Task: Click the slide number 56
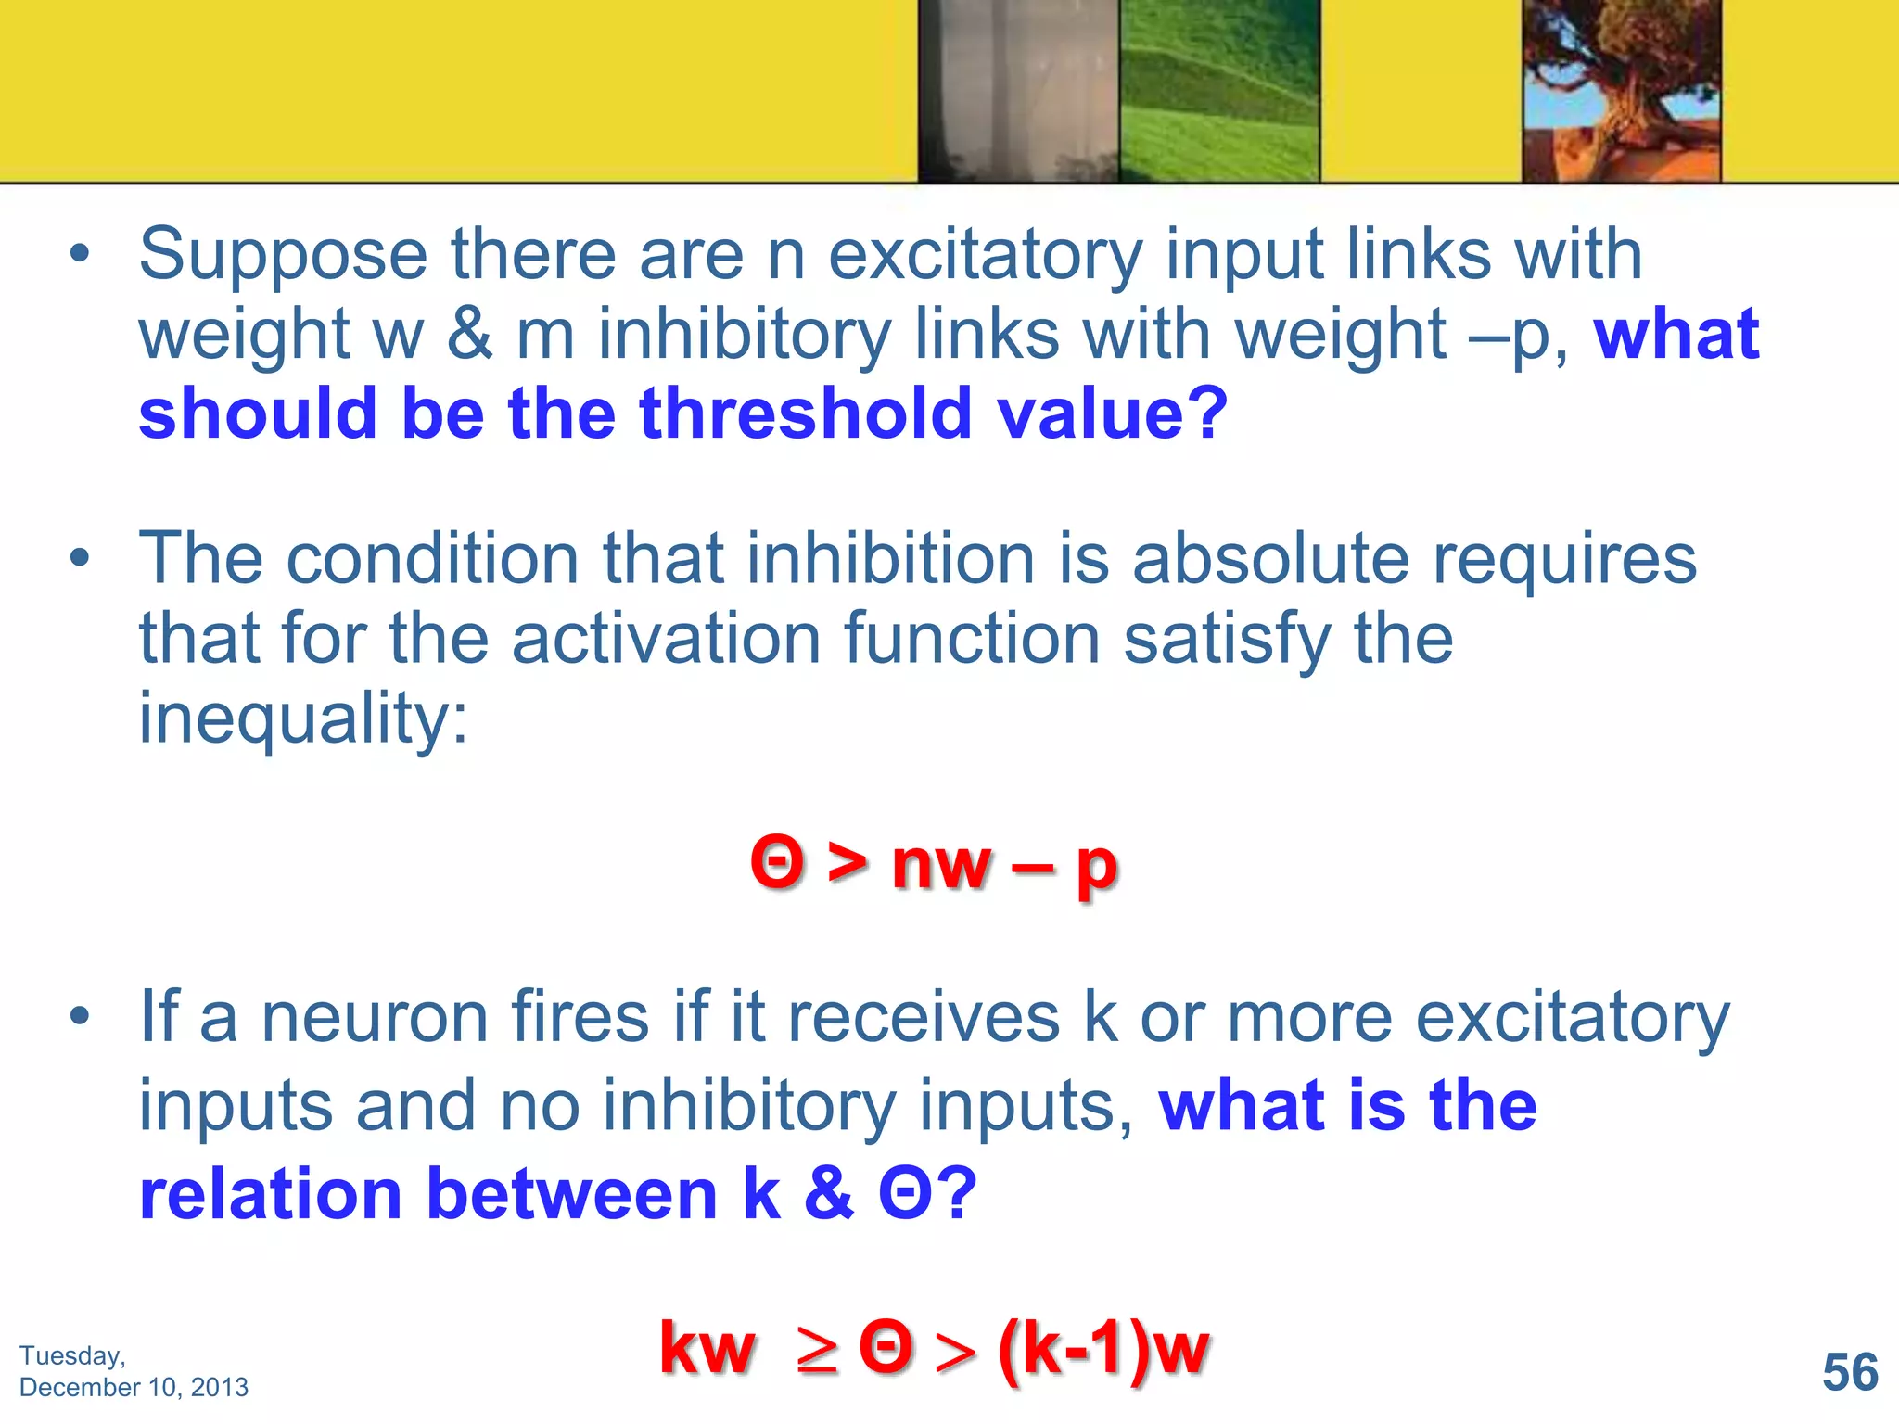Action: click(x=1849, y=1372)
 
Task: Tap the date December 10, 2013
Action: click(x=134, y=1387)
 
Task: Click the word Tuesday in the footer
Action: click(x=71, y=1355)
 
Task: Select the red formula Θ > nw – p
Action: click(x=934, y=864)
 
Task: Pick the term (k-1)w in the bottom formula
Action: click(x=1103, y=1348)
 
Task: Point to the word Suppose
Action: click(x=283, y=255)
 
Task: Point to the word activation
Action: click(x=666, y=639)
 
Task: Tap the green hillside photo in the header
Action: click(x=1218, y=91)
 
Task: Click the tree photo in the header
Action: click(x=1621, y=91)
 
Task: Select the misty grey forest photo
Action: click(x=1018, y=91)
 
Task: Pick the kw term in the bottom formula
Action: click(x=707, y=1350)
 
